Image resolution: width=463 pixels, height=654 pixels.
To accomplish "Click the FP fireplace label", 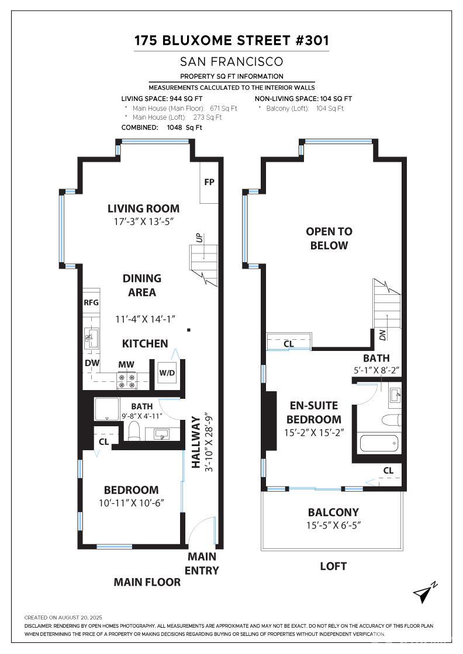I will point(209,182).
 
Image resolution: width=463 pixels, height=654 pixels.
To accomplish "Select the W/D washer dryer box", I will point(167,373).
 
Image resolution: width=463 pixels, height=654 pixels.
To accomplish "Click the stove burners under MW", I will point(126,380).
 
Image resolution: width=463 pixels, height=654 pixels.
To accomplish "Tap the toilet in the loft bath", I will point(389,419).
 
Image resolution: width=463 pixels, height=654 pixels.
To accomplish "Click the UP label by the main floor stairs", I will point(199,238).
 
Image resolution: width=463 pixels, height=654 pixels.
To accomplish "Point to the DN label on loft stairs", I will point(383,335).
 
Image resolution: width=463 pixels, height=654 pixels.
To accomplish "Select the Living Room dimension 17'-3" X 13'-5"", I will point(143,222).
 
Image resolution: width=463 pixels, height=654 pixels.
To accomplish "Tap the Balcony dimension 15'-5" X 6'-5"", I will point(333,525).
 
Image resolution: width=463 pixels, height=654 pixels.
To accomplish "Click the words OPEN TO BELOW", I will point(329,238).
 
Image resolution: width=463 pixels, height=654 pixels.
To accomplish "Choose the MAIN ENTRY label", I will point(202,563).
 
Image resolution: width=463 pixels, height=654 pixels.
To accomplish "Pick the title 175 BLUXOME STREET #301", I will point(231,40).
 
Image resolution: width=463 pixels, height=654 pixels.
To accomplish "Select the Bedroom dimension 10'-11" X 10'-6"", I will point(131,503).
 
